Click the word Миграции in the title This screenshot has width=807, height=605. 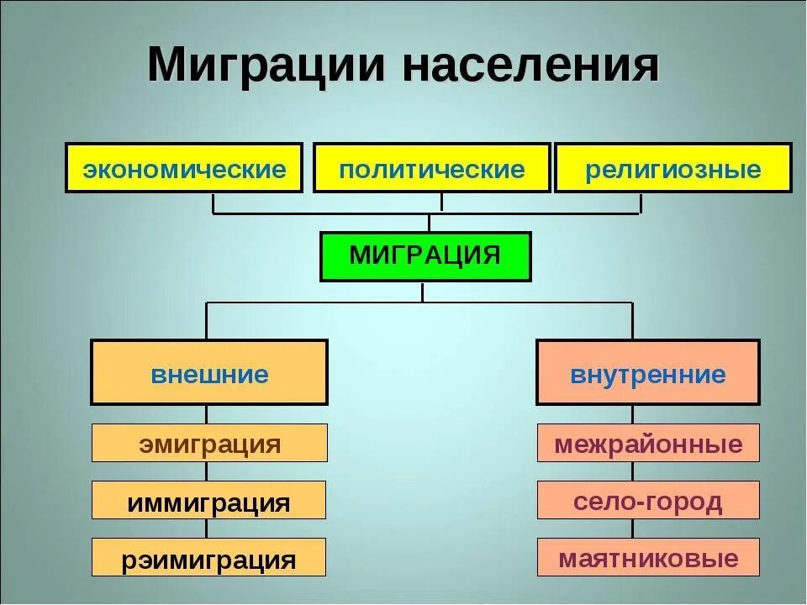tap(266, 66)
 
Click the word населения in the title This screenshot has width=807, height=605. tap(530, 66)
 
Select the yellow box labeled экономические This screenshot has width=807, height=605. tap(184, 168)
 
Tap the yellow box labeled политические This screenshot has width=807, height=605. tap(432, 168)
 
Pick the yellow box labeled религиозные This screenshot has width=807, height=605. tap(672, 168)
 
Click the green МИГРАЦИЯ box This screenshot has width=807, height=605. tap(425, 256)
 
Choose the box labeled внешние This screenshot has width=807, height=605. tap(208, 372)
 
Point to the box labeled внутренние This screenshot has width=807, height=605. tap(647, 372)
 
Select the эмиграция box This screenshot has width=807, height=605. tap(208, 443)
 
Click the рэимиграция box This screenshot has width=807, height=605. tap(208, 557)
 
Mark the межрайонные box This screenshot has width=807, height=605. tap(648, 443)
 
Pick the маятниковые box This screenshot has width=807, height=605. tap(648, 557)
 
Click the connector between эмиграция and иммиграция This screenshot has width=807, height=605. tap(207, 471)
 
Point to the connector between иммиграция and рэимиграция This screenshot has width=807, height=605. tap(207, 529)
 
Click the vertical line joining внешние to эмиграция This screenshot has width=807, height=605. tap(207, 414)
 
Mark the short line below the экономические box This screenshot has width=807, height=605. tap(213, 203)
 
